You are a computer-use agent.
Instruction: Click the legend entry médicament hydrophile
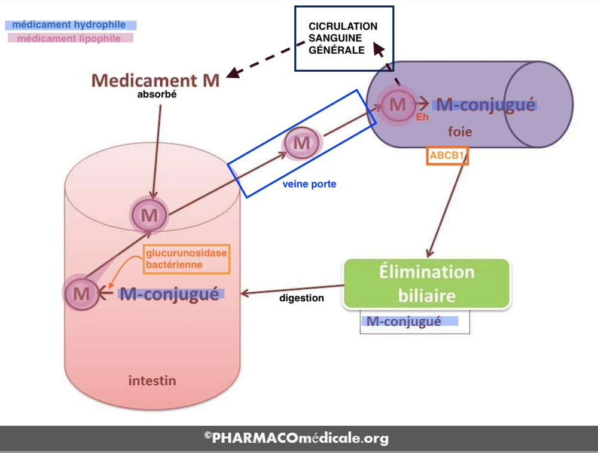tap(69, 25)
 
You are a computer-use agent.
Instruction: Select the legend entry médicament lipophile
tap(69, 39)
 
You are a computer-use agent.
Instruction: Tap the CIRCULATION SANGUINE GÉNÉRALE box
tap(343, 39)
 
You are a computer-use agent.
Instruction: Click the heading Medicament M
tap(155, 81)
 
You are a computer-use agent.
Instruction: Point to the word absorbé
tap(157, 94)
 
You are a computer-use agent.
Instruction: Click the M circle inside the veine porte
tap(302, 143)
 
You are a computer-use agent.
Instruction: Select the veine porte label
tap(309, 184)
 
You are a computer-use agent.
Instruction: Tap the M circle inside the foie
tap(397, 105)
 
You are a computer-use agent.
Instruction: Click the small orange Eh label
tap(422, 117)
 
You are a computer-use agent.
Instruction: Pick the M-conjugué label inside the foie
tap(486, 105)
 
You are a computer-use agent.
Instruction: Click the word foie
tap(460, 132)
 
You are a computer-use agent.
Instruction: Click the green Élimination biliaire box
tap(426, 284)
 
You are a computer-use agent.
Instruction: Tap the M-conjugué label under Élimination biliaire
tap(404, 322)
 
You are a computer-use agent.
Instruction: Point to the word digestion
tap(301, 298)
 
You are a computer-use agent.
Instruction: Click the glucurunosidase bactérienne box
tap(186, 258)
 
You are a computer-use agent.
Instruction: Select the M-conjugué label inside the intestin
tap(169, 293)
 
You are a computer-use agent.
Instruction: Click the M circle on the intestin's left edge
tap(81, 293)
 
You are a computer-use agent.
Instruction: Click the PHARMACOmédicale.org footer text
tap(297, 439)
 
